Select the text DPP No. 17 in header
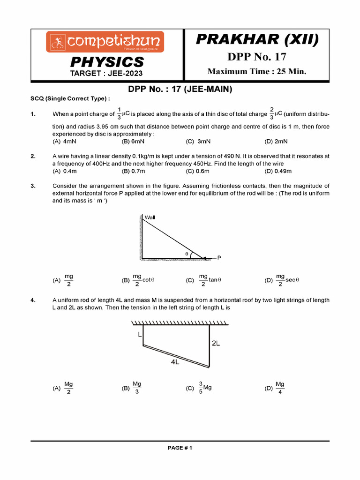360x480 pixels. (256, 57)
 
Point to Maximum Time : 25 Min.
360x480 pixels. (256, 72)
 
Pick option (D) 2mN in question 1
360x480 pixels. (276, 141)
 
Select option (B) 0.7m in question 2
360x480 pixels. (132, 171)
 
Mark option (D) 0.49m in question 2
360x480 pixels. (278, 171)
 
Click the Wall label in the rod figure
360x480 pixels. (150, 217)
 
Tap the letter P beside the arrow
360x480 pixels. (219, 258)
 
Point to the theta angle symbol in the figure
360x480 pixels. (187, 254)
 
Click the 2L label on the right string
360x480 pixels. (216, 343)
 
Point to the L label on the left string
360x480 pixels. (139, 334)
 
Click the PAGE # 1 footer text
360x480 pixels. (180, 448)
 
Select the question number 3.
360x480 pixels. (33, 186)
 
